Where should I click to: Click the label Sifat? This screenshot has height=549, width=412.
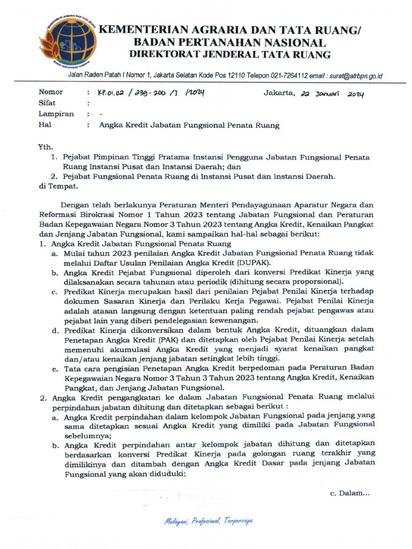click(47, 103)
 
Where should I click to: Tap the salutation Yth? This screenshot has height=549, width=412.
click(45, 147)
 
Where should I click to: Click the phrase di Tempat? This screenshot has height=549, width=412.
click(58, 187)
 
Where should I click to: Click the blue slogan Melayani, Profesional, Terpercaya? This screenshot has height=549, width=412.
click(208, 521)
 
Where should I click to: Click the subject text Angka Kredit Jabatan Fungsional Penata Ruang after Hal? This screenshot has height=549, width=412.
click(189, 125)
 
